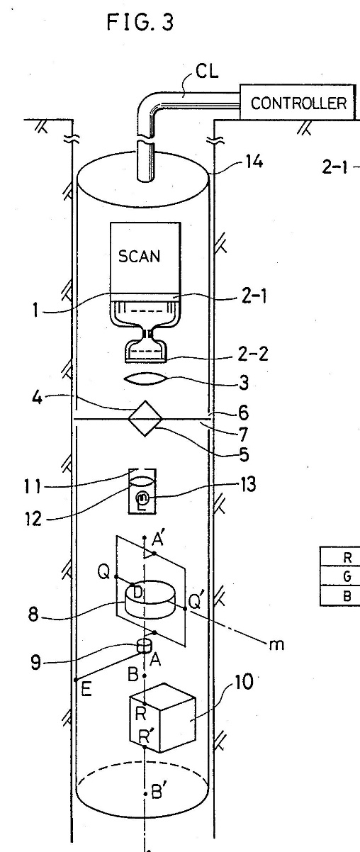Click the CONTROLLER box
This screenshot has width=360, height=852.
coord(298,102)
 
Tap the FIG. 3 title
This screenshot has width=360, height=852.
coord(140,22)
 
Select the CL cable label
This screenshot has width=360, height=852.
coord(207,71)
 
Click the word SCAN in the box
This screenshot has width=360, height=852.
coord(139,256)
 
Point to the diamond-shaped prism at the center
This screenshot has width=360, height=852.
coord(145,418)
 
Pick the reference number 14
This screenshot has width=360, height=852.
coord(254,162)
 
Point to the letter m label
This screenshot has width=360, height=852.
coord(276,645)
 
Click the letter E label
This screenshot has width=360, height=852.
coord(86,689)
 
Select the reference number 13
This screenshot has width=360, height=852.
coord(247,485)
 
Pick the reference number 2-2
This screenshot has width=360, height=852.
coord(253,354)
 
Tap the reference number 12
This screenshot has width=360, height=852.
coord(33,519)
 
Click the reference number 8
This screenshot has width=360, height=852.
coord(33,615)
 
